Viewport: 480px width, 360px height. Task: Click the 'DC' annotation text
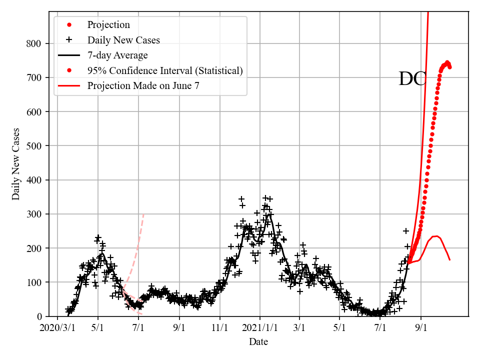(x=412, y=79)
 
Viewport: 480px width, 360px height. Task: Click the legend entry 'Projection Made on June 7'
(x=143, y=85)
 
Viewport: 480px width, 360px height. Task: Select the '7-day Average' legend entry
(x=117, y=55)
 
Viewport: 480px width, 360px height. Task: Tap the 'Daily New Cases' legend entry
(x=123, y=40)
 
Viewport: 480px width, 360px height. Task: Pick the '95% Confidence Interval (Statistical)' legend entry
(x=165, y=70)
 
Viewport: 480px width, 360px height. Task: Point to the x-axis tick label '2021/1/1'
(x=259, y=329)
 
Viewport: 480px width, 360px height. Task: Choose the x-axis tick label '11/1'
(x=219, y=329)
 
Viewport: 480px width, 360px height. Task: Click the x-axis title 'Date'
(x=258, y=342)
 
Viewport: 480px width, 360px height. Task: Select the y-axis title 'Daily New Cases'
(x=16, y=164)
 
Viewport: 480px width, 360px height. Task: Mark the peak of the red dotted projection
(x=447, y=62)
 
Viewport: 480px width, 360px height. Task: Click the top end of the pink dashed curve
(x=144, y=213)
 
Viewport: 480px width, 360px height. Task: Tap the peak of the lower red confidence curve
(x=435, y=236)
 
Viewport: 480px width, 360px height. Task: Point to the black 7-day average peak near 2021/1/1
(x=269, y=214)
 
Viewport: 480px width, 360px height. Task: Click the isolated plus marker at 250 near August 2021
(x=406, y=231)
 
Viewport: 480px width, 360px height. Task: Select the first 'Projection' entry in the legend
(x=108, y=25)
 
